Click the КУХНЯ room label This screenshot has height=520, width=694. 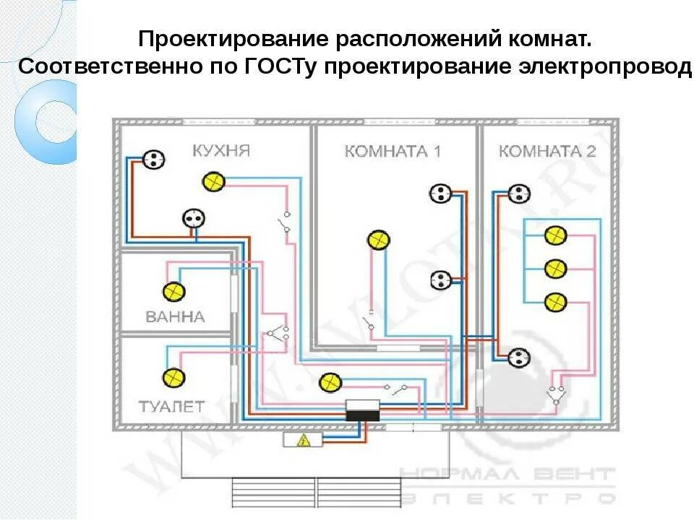(x=220, y=151)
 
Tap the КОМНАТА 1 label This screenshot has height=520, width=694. (x=393, y=152)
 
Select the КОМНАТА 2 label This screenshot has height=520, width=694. (x=547, y=152)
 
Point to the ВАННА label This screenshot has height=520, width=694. (x=175, y=316)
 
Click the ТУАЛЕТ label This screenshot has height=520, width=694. (x=172, y=406)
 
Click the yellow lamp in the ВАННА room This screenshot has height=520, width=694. (x=173, y=292)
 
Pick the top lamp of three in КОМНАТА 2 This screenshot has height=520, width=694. (x=554, y=235)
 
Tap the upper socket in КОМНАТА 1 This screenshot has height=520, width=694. (x=440, y=193)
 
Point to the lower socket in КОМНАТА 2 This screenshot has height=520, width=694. (x=519, y=356)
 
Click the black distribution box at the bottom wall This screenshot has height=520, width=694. (x=364, y=411)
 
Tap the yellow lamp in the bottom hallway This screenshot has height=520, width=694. (x=330, y=382)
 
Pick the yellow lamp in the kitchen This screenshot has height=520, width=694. (x=213, y=181)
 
